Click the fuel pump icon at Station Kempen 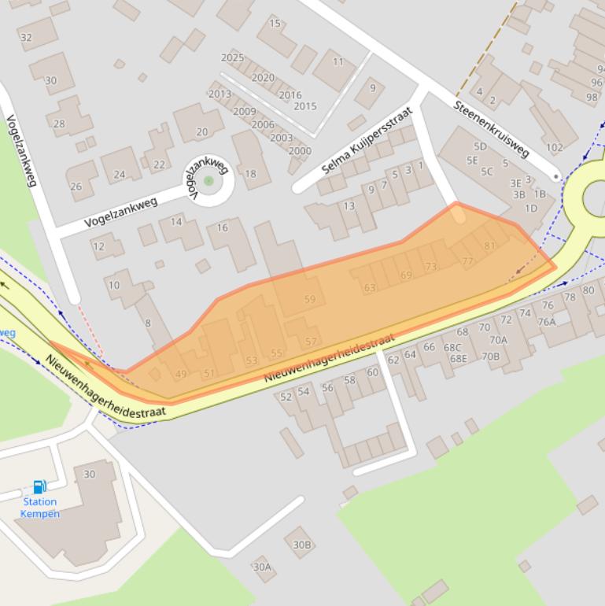pos(39,487)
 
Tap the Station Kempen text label pos(40,508)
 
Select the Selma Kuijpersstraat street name pos(367,142)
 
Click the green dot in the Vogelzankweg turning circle pos(208,181)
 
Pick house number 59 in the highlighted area pos(310,299)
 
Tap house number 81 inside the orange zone pos(489,246)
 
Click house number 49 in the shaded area pos(181,374)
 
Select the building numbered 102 pos(555,147)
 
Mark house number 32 pos(26,37)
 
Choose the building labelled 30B pos(302,545)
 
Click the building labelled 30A pos(262,567)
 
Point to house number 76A pos(546,321)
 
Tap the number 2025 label pos(232,57)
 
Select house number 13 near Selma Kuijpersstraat pos(349,206)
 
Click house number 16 pos(223,227)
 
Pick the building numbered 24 pos(120,175)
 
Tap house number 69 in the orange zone pos(406,275)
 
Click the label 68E pos(458,359)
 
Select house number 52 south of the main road pos(286,397)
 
